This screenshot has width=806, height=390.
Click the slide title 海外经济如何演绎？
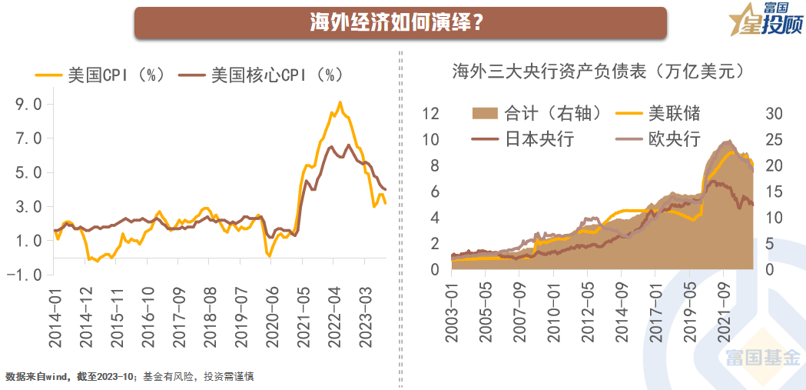(400, 22)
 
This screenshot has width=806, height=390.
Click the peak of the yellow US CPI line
(340, 102)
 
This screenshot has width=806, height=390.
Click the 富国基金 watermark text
(763, 358)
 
